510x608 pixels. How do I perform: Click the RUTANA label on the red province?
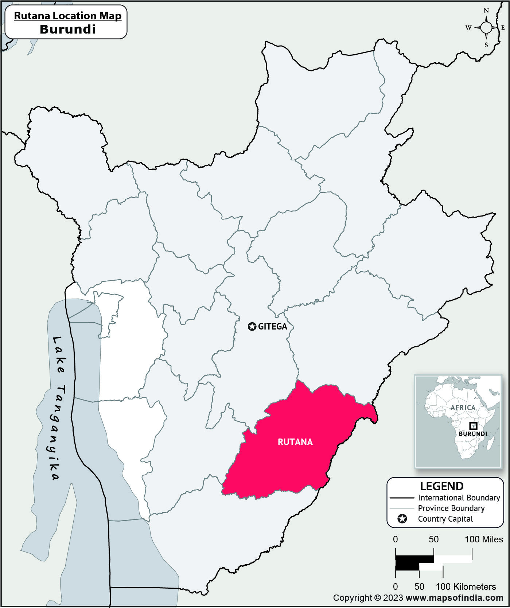point(295,442)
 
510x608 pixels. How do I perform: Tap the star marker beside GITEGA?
point(252,327)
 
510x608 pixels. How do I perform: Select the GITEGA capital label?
point(273,327)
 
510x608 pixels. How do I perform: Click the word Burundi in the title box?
point(67,29)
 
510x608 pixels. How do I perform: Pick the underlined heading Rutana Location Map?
point(67,16)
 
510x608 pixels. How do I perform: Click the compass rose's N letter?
point(486,11)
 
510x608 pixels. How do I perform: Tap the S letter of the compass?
point(486,45)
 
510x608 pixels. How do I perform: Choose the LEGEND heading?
point(441,486)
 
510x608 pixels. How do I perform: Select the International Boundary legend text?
point(459,498)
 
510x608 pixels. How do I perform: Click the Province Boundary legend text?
point(451,508)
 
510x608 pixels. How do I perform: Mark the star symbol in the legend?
point(402,519)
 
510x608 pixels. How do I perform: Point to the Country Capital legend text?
point(445,519)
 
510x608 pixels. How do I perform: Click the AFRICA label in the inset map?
point(463,408)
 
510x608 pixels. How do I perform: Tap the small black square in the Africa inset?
point(473,425)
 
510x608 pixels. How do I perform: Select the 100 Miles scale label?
point(484,539)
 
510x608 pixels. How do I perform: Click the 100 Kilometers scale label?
point(466,587)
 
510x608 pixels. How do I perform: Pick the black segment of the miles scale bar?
point(414,559)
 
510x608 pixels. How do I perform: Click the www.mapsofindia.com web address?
point(454,598)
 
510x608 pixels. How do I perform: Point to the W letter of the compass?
point(468,28)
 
